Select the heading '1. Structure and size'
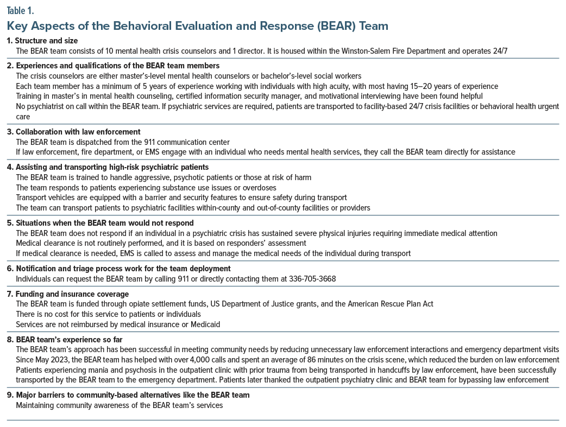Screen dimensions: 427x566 [x=43, y=41]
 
